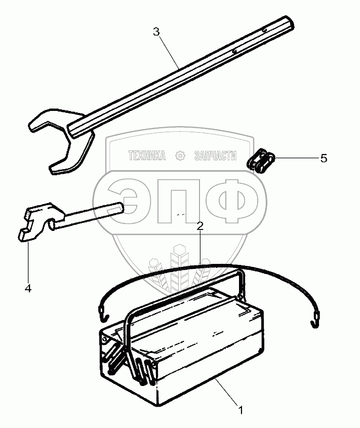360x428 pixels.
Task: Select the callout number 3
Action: click(156, 31)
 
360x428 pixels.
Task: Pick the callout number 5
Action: click(324, 158)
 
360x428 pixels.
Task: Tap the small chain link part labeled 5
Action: click(262, 162)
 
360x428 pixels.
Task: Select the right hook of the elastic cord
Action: click(315, 321)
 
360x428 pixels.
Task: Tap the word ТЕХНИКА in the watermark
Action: click(147, 157)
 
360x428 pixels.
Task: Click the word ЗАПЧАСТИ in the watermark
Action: click(216, 157)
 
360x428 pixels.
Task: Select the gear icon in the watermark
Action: click(180, 157)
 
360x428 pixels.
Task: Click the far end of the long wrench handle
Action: click(287, 23)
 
